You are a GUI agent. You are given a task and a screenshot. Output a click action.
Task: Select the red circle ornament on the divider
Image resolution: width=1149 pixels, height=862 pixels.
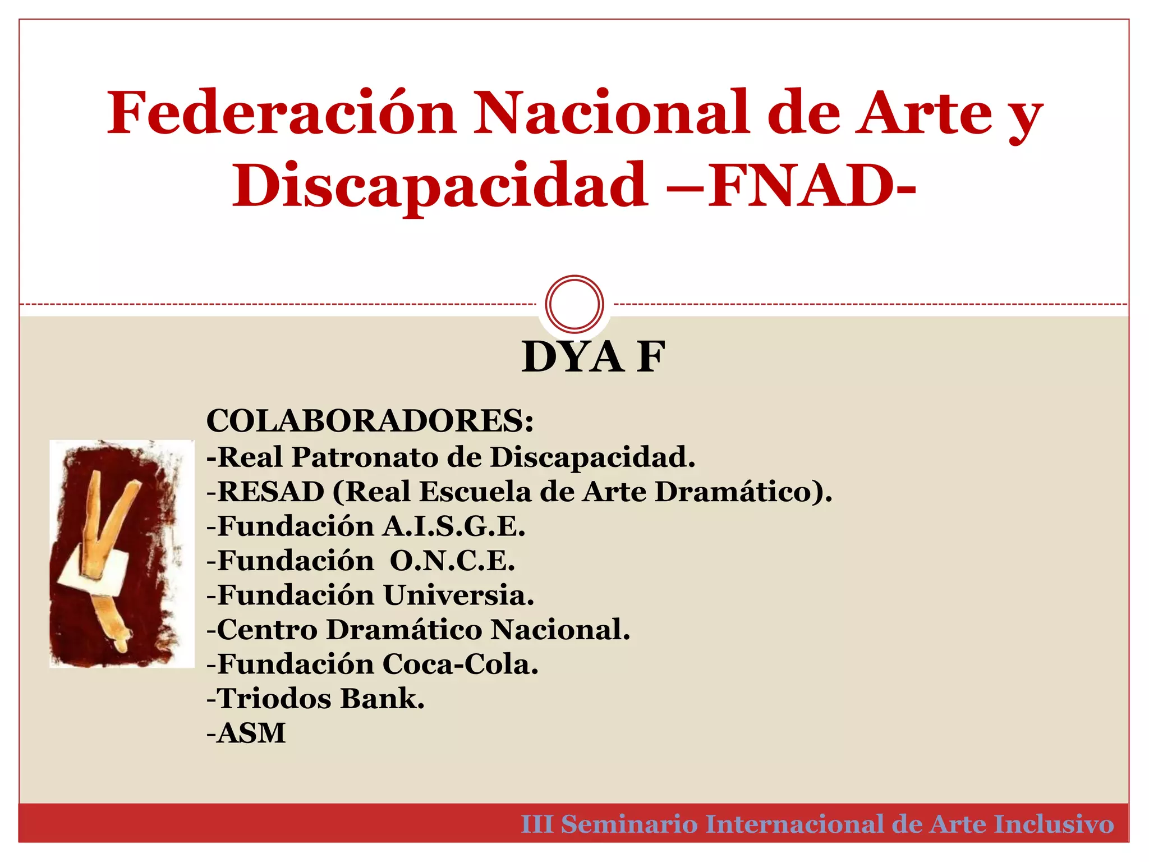click(574, 304)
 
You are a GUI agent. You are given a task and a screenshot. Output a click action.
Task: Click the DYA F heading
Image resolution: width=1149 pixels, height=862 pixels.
click(593, 357)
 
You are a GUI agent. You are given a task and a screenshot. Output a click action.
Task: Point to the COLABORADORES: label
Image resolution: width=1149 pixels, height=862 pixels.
click(370, 421)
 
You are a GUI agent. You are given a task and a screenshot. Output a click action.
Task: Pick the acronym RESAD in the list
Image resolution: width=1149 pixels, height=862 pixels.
click(271, 492)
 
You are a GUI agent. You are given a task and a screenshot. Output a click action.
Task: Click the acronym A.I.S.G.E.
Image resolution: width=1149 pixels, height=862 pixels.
click(454, 526)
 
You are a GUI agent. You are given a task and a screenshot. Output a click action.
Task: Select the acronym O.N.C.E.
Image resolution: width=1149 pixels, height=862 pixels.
click(452, 561)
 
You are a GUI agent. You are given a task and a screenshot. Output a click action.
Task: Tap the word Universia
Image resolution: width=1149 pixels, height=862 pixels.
click(458, 595)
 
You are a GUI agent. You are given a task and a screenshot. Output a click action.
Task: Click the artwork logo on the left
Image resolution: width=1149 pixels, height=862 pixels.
click(122, 553)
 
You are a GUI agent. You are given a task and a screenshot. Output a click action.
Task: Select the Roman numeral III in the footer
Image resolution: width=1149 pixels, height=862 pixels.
click(537, 824)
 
